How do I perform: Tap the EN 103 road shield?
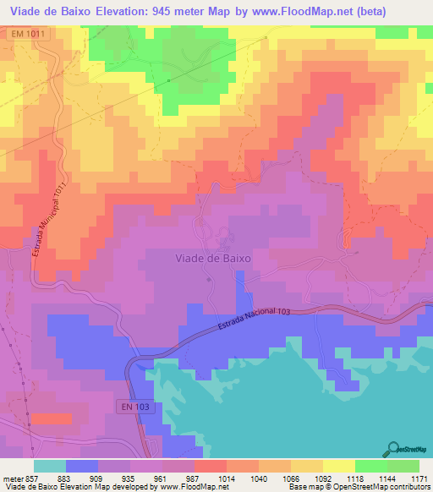pos(134,407)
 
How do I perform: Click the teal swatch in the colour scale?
pos(50,466)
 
